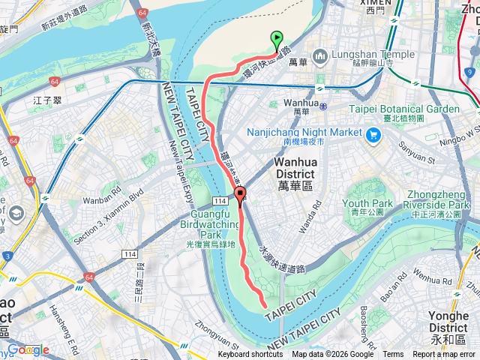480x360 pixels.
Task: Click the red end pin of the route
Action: (x=240, y=197)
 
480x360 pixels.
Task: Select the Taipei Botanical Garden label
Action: (x=404, y=109)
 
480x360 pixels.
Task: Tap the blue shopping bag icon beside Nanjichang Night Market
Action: (x=373, y=134)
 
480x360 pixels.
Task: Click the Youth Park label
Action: (x=367, y=203)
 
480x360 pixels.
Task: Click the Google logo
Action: (x=28, y=349)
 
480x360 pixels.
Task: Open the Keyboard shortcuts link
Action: (x=250, y=355)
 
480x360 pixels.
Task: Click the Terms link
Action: (x=393, y=355)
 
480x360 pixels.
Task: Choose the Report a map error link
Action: (x=444, y=355)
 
